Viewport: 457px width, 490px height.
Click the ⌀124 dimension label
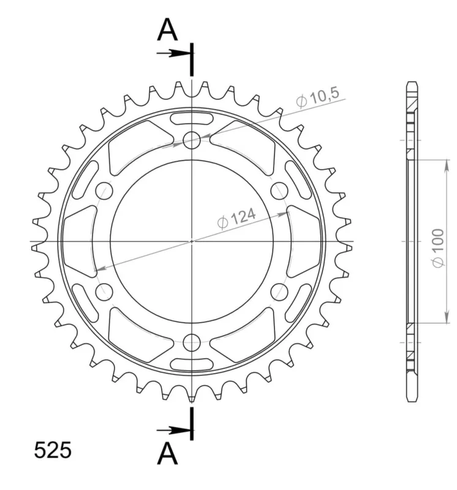click(x=236, y=219)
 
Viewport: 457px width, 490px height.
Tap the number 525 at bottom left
click(x=53, y=451)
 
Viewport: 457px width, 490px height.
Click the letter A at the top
click(x=167, y=30)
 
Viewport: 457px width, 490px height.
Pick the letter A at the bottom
click(x=167, y=453)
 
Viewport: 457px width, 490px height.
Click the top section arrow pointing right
click(x=173, y=53)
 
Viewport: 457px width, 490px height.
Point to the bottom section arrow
click(x=173, y=431)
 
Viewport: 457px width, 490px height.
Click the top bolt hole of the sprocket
click(x=192, y=140)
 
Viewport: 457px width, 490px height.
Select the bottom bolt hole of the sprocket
click(x=192, y=342)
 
